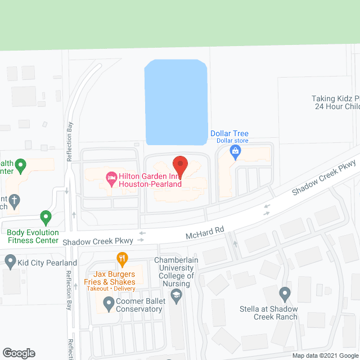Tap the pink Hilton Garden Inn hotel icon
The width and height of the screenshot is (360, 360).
click(x=111, y=179)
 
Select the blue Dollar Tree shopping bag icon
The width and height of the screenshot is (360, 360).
click(x=236, y=151)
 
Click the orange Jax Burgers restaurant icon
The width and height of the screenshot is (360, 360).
click(x=121, y=260)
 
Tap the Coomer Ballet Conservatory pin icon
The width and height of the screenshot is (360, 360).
click(x=109, y=305)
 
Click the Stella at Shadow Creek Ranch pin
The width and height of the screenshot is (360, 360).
click(x=285, y=294)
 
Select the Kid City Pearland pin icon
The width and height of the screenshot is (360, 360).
click(x=10, y=261)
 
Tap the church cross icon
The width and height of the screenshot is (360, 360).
click(x=15, y=199)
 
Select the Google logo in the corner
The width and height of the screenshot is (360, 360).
click(x=18, y=353)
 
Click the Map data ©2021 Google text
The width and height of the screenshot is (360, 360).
click(x=325, y=355)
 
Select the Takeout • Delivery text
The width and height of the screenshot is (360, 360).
click(x=110, y=289)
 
